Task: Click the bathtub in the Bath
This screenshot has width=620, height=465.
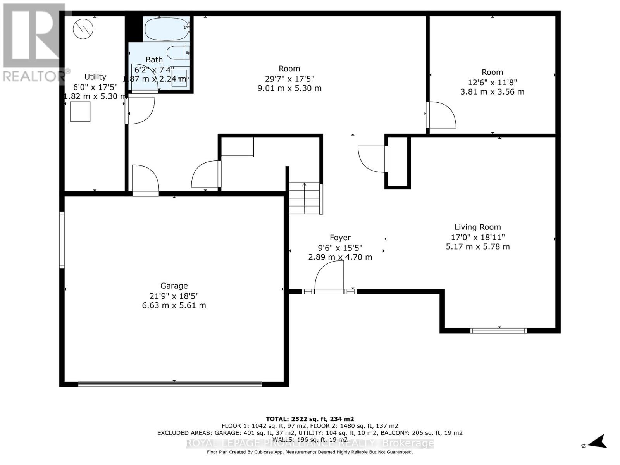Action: (166, 29)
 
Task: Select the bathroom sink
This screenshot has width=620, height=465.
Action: (179, 79)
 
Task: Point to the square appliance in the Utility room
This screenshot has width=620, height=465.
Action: (80, 112)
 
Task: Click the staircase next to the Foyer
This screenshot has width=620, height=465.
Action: (305, 198)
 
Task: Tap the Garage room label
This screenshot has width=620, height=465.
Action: (174, 286)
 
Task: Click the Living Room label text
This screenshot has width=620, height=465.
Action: (477, 227)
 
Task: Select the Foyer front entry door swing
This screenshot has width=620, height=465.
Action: (330, 277)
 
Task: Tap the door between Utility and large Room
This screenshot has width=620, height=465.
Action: (140, 111)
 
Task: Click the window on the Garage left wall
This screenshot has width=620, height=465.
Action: (62, 239)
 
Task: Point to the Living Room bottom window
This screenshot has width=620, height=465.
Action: (498, 331)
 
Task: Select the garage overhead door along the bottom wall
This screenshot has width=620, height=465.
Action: (170, 384)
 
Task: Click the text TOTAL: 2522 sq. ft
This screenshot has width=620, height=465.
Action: (310, 419)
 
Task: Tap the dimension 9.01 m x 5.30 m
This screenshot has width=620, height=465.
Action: (289, 88)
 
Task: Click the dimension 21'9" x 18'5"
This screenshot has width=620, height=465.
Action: (174, 296)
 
